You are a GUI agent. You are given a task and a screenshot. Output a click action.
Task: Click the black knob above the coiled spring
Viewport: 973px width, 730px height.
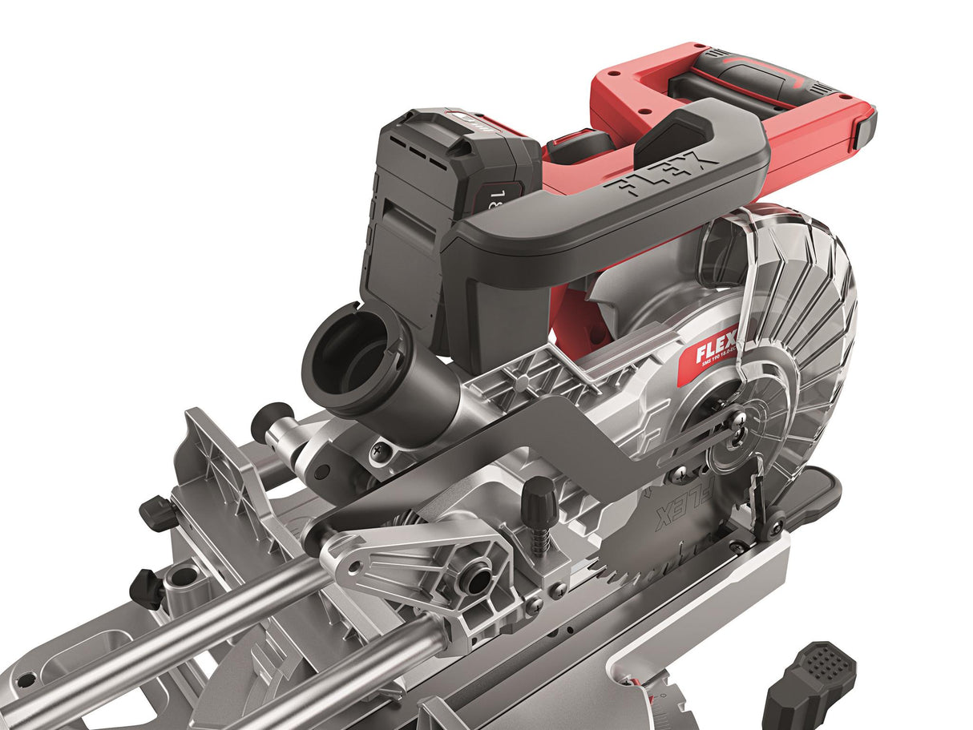[539, 494]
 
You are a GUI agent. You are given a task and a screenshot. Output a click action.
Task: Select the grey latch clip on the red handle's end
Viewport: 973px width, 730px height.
[865, 129]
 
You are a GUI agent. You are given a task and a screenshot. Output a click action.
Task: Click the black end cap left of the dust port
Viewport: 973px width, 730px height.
[267, 421]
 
